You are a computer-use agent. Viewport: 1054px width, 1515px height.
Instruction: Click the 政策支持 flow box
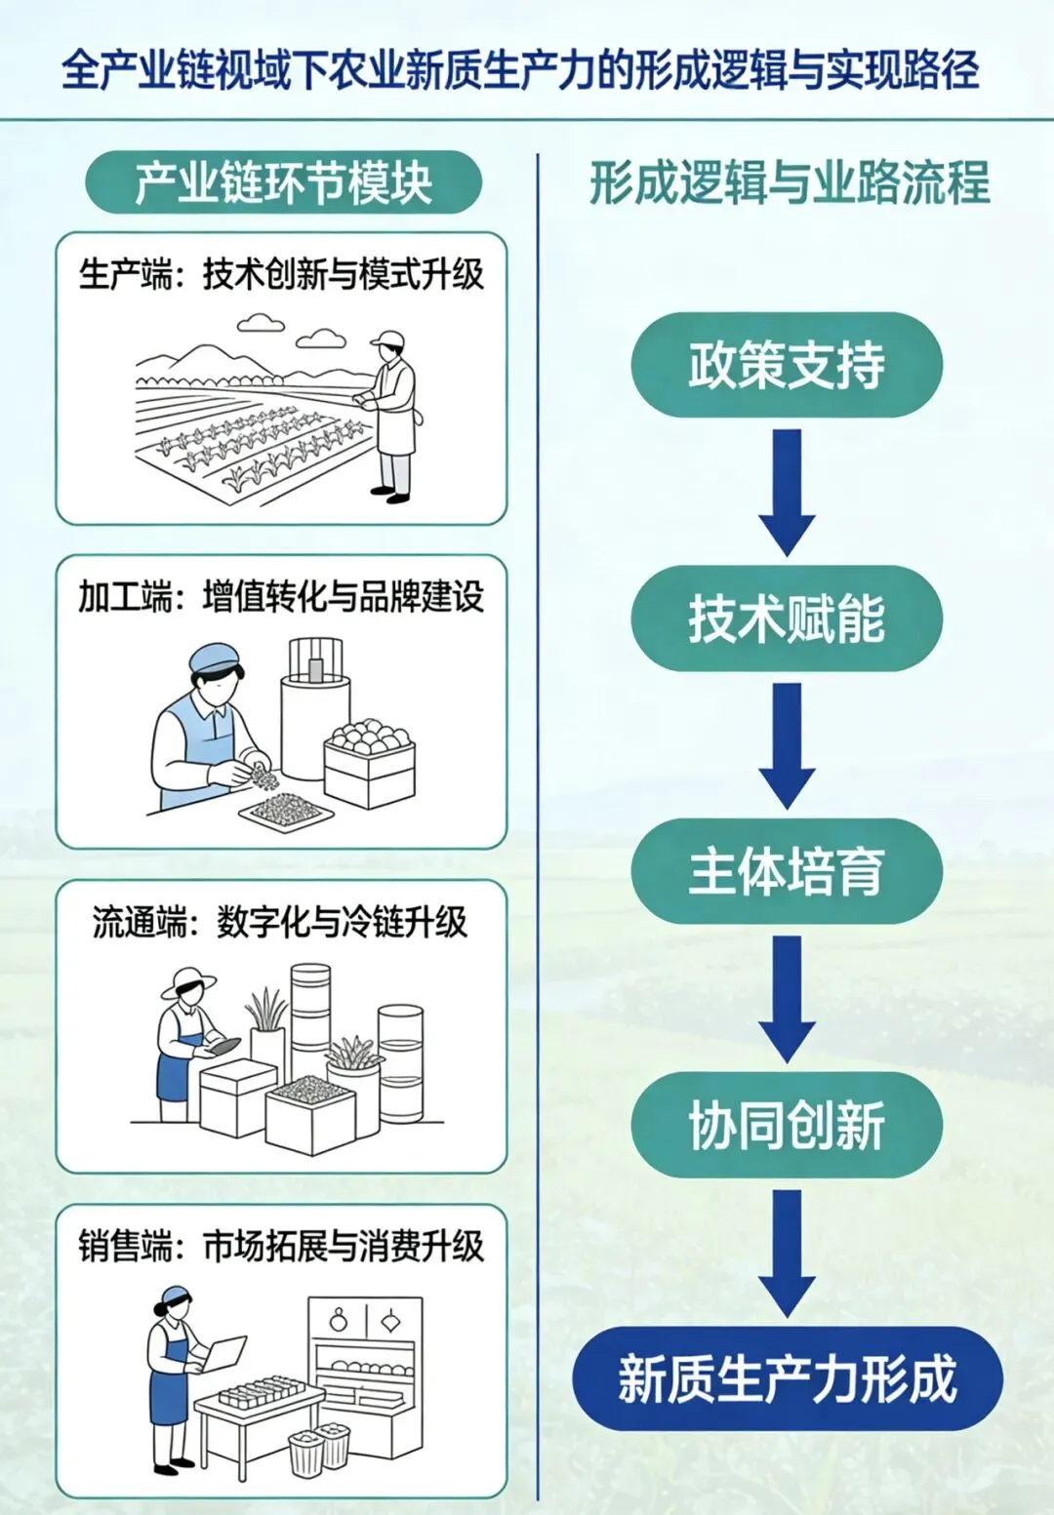(x=787, y=365)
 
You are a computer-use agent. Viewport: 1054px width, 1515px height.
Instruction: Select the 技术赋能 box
(x=787, y=618)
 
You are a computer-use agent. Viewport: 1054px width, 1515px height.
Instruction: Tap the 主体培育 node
(x=787, y=871)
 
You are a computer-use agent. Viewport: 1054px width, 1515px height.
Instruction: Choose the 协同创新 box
(x=787, y=1125)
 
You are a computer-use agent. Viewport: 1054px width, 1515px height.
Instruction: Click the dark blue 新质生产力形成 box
(x=787, y=1378)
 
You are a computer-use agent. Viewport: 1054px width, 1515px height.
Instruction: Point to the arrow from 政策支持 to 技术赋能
(x=787, y=492)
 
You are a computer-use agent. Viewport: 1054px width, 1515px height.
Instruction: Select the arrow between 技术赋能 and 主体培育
(x=787, y=744)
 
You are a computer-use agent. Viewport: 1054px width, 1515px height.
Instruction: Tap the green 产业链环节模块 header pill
(x=283, y=182)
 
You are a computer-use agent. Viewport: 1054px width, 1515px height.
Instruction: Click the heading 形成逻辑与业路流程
(x=789, y=182)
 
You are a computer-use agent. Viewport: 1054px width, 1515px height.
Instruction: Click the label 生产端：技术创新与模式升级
(x=281, y=274)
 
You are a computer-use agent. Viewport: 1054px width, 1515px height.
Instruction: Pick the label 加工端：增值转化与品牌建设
(x=281, y=596)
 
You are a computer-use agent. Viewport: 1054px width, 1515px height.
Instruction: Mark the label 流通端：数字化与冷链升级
(x=281, y=921)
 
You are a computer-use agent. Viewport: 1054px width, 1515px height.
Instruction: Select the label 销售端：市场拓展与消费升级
(x=281, y=1246)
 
